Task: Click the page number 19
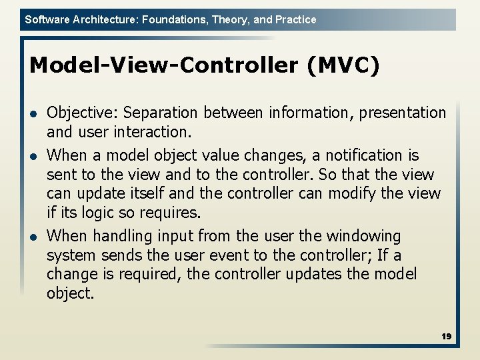click(446, 337)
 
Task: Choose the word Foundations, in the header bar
click(174, 20)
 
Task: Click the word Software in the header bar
click(46, 20)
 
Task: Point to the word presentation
click(403, 113)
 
